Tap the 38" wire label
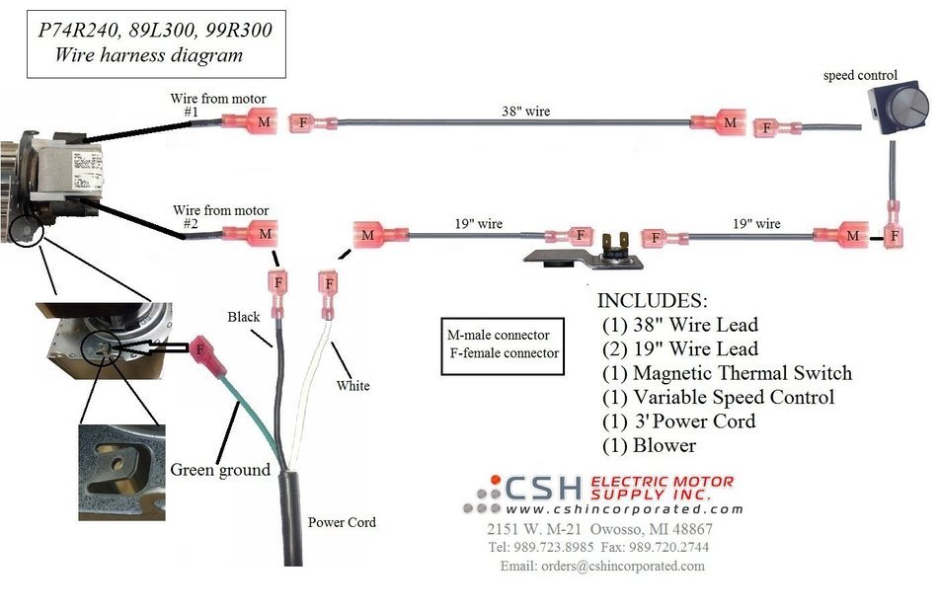526,112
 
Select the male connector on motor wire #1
250,121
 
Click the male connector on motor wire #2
251,233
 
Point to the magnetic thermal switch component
585,253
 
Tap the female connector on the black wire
278,294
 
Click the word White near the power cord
352,386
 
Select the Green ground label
220,470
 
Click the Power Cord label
342,522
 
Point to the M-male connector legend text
499,335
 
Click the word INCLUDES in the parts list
652,300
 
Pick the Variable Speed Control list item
718,397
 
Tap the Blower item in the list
649,446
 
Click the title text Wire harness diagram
148,55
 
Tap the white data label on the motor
87,169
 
